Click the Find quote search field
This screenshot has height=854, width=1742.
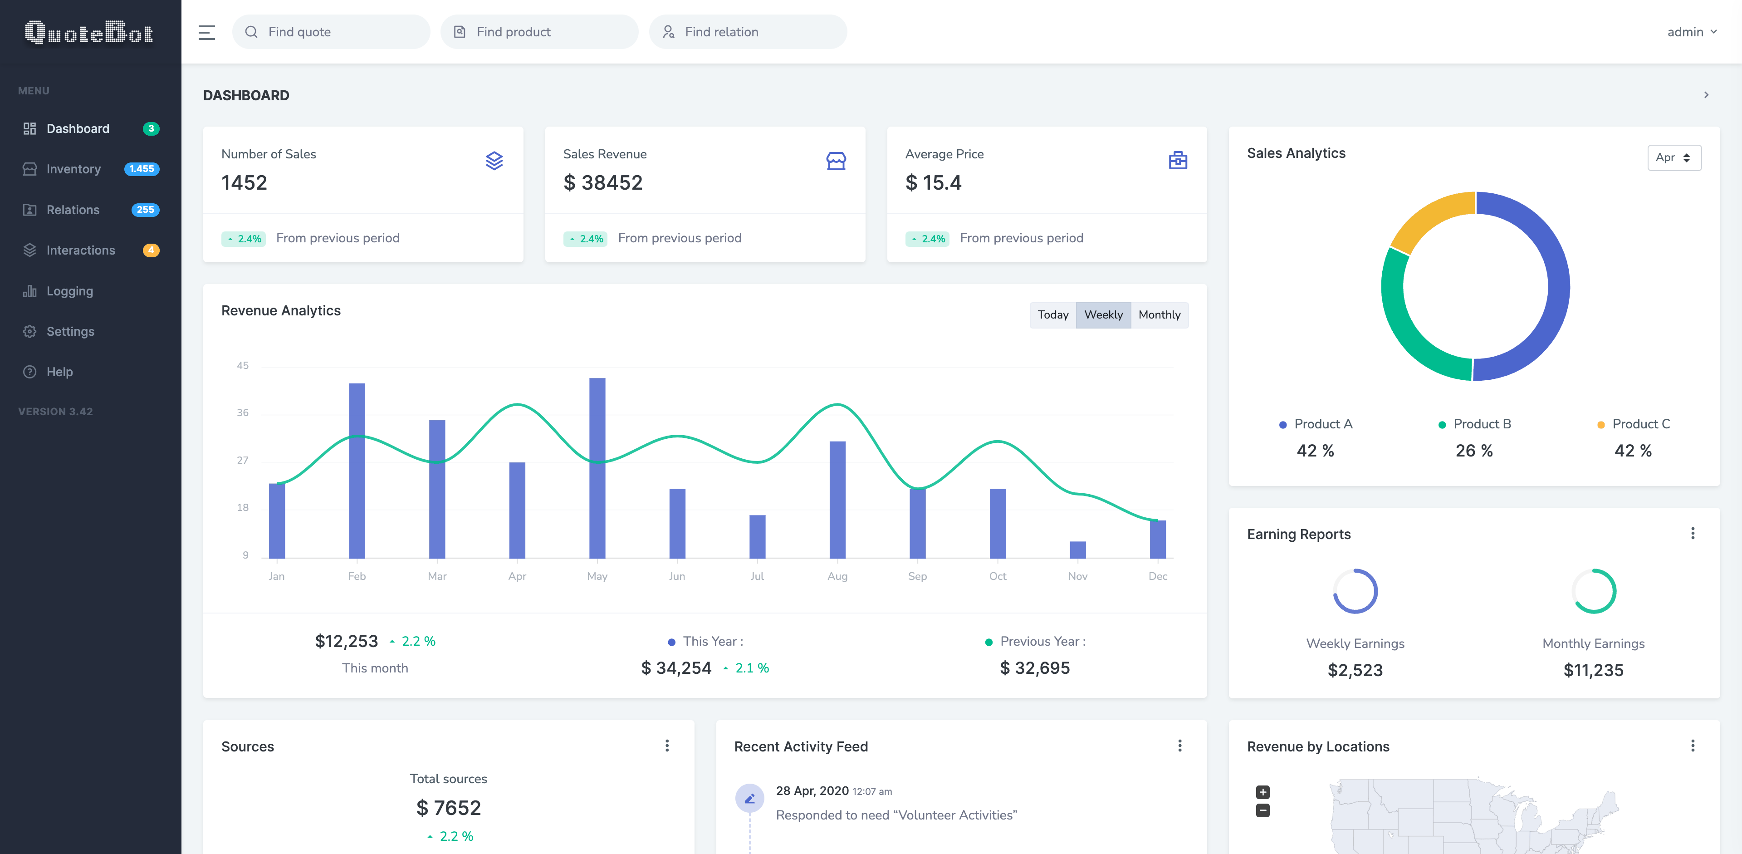(x=331, y=32)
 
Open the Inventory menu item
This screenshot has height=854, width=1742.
(x=73, y=169)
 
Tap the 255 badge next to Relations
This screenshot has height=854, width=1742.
(x=145, y=210)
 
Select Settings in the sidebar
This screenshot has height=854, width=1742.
(x=70, y=331)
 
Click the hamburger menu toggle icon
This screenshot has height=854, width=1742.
(x=206, y=32)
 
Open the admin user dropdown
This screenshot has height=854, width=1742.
(x=1691, y=32)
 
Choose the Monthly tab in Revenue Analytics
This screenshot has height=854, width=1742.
(x=1159, y=315)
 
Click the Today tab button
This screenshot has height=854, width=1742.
(x=1052, y=315)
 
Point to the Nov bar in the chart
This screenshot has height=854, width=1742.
(x=1077, y=550)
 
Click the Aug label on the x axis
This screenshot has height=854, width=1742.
(x=837, y=576)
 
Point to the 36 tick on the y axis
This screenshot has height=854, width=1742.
(x=243, y=412)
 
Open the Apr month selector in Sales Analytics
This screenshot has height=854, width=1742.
(x=1673, y=157)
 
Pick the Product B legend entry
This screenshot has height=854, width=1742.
(x=1474, y=424)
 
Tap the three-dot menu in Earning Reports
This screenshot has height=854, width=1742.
(x=1693, y=534)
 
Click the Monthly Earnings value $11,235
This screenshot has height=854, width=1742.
(x=1593, y=670)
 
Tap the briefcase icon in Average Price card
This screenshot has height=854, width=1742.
(x=1177, y=161)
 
